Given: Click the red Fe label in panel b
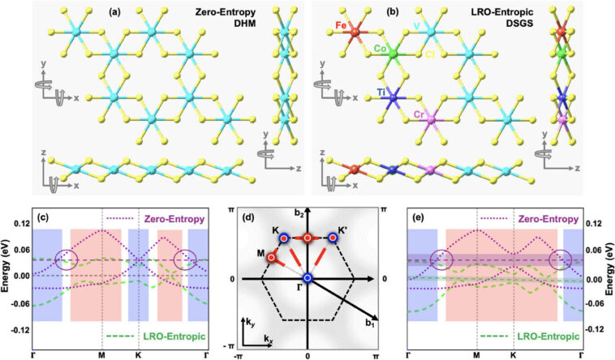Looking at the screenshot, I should coord(320,27).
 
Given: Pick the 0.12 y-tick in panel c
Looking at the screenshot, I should coord(17,223).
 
